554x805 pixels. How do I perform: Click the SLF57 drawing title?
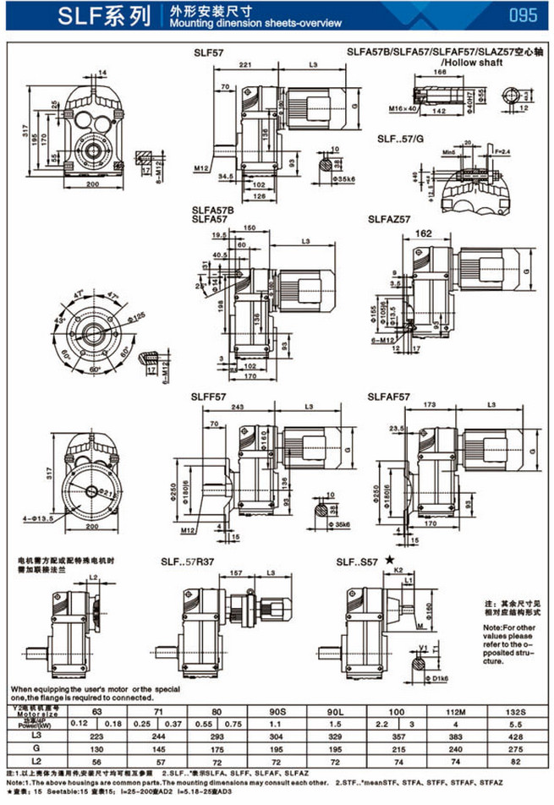(208, 52)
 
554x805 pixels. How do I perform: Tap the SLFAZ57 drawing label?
(389, 218)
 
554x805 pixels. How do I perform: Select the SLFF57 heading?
(209, 396)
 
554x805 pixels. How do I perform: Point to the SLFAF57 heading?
(389, 396)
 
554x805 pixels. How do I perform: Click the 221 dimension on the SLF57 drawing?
(246, 65)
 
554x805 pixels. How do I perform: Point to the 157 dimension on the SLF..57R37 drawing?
(236, 573)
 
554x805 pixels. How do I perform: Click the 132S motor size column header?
(513, 712)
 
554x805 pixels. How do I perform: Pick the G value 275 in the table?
(513, 750)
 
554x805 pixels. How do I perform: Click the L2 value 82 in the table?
(513, 763)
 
